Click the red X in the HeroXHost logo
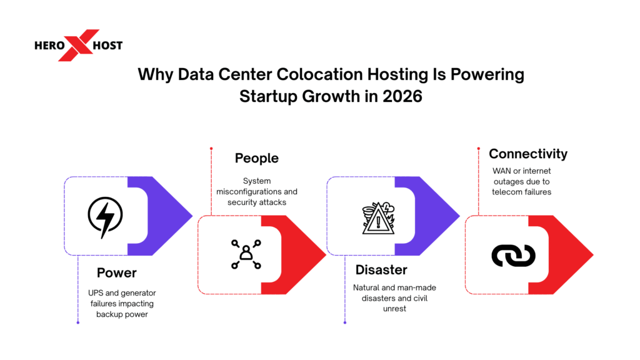(x=79, y=45)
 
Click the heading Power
(x=117, y=273)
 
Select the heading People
(x=256, y=158)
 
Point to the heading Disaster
(x=381, y=269)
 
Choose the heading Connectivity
(x=528, y=154)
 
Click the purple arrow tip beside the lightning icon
(x=181, y=216)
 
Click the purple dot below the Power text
(x=77, y=322)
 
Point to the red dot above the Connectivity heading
(x=477, y=149)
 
